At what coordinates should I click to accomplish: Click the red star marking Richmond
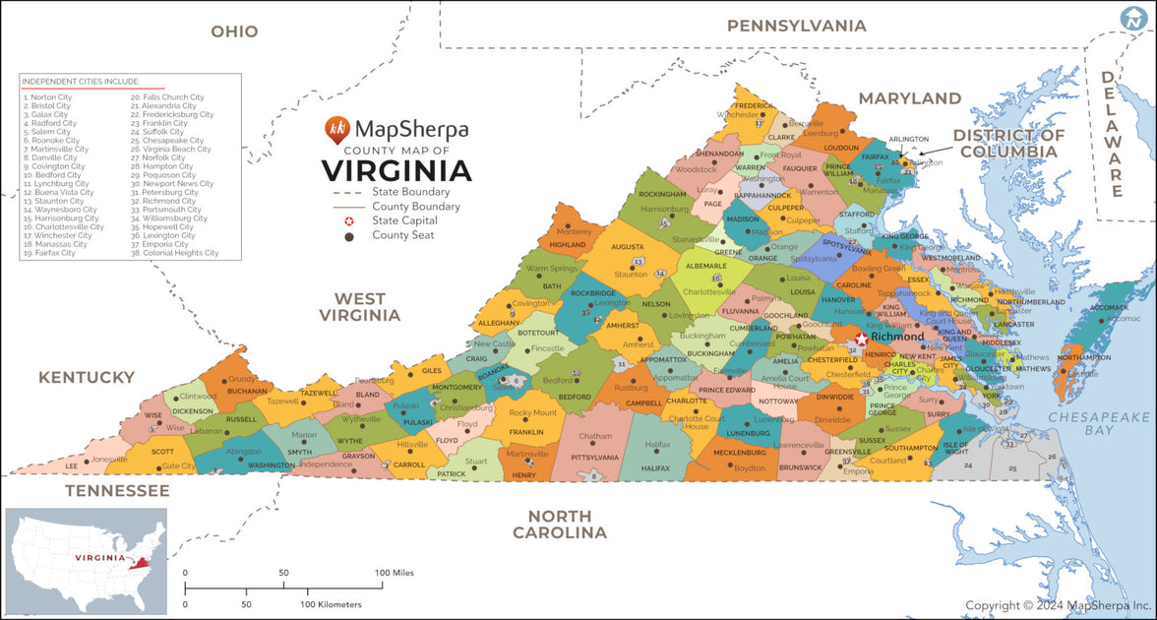coord(862,339)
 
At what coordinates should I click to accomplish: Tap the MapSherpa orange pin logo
coord(336,128)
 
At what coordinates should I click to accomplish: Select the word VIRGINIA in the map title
coord(396,170)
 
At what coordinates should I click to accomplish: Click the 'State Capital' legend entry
coord(404,221)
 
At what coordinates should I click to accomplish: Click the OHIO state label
coord(234,31)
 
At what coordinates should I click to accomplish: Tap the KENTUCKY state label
coord(87,377)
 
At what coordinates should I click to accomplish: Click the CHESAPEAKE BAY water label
coord(1098,423)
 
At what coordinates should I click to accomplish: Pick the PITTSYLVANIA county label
coord(594,458)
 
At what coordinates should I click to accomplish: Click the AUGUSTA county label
coord(627,247)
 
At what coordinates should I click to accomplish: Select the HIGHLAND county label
coord(568,244)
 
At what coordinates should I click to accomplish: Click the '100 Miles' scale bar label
coord(394,572)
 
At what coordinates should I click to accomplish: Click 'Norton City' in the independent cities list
coord(48,97)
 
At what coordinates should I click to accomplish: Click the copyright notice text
coord(1058,605)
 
